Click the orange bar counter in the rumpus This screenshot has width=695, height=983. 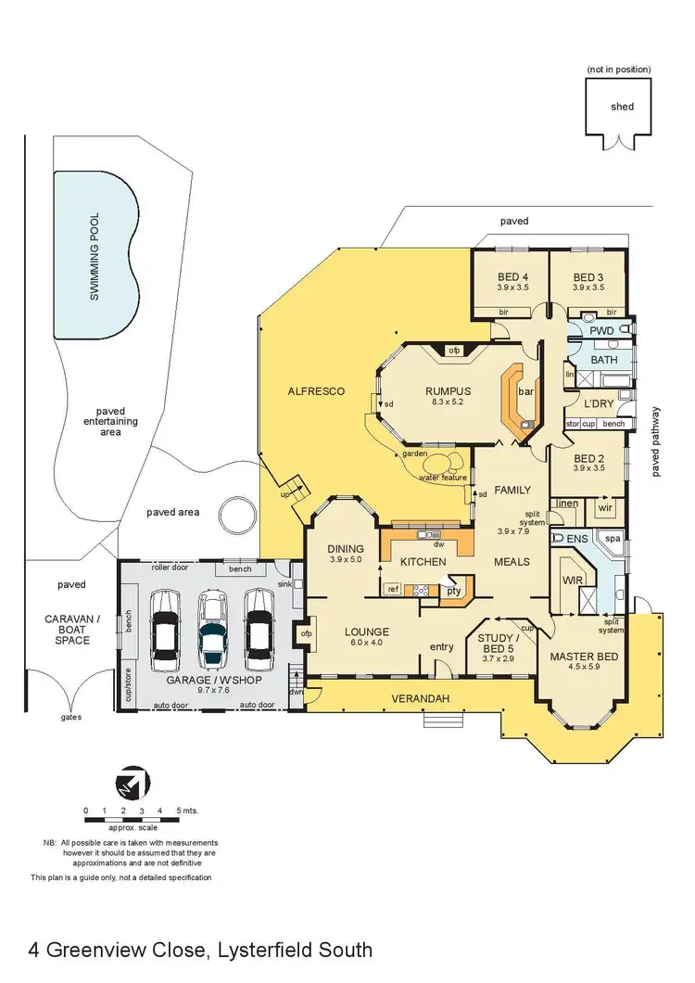(x=514, y=401)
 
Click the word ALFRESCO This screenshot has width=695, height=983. (x=315, y=391)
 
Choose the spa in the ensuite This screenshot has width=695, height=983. (x=613, y=539)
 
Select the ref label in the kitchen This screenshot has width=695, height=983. (x=393, y=589)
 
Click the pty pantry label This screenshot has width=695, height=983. (x=454, y=590)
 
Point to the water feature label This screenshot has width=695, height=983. (x=441, y=478)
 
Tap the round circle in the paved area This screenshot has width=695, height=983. (x=236, y=514)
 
